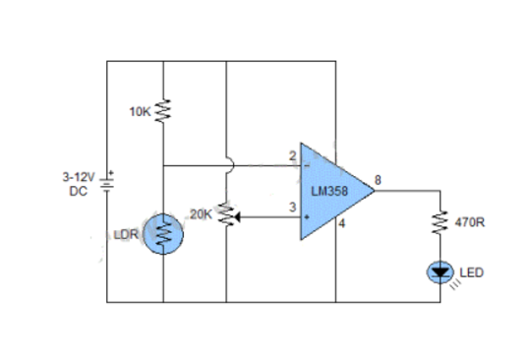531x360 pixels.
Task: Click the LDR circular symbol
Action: coord(163,234)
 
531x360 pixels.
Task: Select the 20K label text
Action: coord(201,213)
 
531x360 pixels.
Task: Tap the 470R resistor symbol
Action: coord(440,222)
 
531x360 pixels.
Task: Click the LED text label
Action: coord(472,271)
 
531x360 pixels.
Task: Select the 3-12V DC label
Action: coord(77,184)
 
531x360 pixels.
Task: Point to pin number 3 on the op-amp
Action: coord(292,206)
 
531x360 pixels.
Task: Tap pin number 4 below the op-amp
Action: coord(342,225)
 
